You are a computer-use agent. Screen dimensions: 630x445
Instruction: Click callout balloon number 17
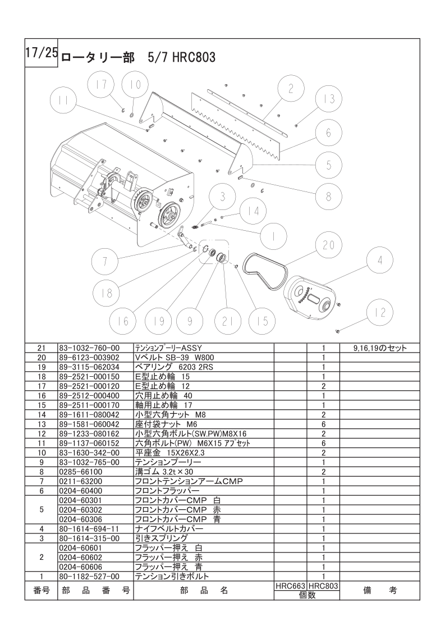click(x=102, y=85)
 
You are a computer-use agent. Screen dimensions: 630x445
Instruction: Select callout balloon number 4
click(x=380, y=261)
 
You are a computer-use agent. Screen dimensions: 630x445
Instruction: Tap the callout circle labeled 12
click(x=380, y=313)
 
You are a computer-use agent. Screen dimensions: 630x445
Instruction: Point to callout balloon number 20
click(x=328, y=245)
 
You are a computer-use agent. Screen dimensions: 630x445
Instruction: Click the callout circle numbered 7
click(x=105, y=261)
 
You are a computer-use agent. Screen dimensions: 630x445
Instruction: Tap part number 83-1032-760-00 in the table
click(x=90, y=348)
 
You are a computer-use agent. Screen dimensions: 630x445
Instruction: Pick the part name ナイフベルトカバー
click(x=169, y=529)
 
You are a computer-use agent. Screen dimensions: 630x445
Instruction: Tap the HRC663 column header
click(x=290, y=586)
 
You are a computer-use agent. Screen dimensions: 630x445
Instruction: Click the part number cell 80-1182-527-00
click(x=90, y=577)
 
